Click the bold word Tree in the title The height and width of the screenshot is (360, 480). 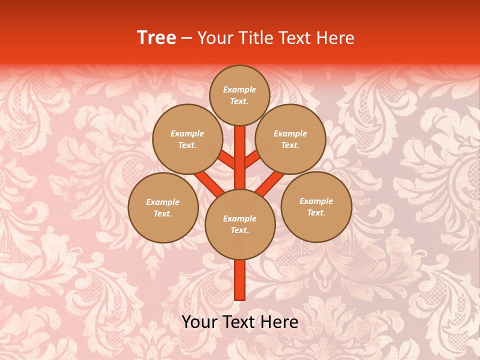click(x=156, y=38)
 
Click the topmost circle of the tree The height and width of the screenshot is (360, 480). click(x=239, y=95)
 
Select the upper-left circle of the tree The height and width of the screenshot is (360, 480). click(x=187, y=139)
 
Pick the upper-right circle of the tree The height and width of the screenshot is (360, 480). click(x=290, y=139)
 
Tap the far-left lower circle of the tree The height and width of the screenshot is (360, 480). click(x=163, y=207)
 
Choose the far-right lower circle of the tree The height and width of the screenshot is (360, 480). click(x=316, y=206)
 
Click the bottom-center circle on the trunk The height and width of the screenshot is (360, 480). click(x=240, y=224)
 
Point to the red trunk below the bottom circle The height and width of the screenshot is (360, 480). click(x=240, y=280)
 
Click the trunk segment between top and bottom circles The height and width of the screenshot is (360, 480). click(x=240, y=157)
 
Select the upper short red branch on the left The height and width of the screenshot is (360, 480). click(x=226, y=160)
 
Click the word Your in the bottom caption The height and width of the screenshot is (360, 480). click(x=198, y=322)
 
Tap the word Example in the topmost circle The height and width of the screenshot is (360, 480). click(x=239, y=89)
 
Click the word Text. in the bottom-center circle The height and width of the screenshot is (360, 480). click(x=239, y=230)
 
